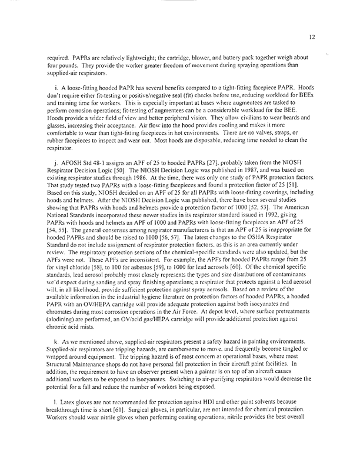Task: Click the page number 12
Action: click(x=333, y=36)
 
